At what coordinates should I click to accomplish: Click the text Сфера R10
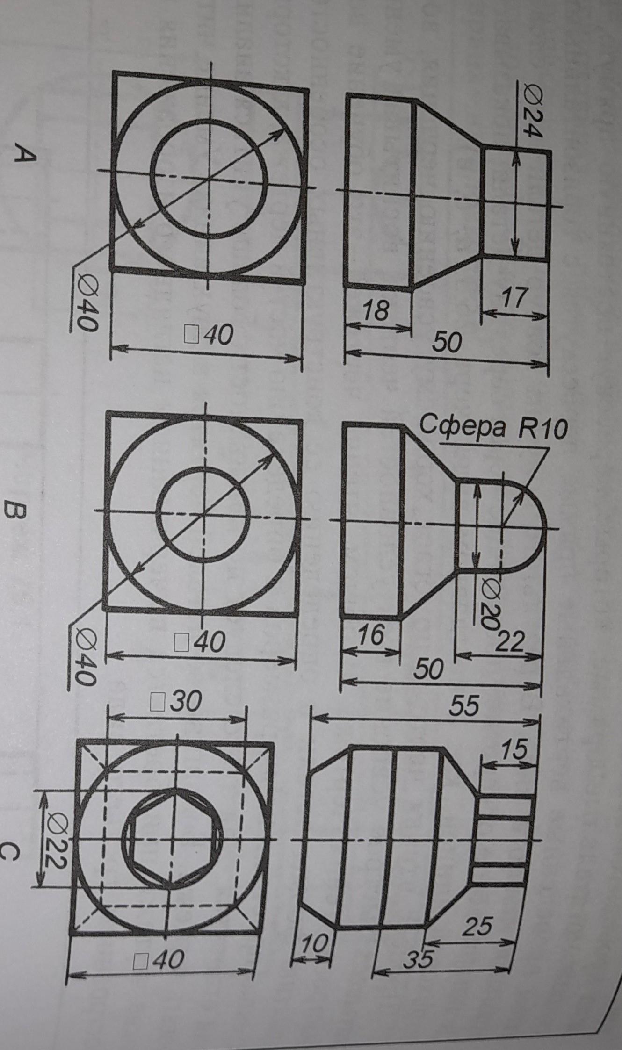coord(493,427)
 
